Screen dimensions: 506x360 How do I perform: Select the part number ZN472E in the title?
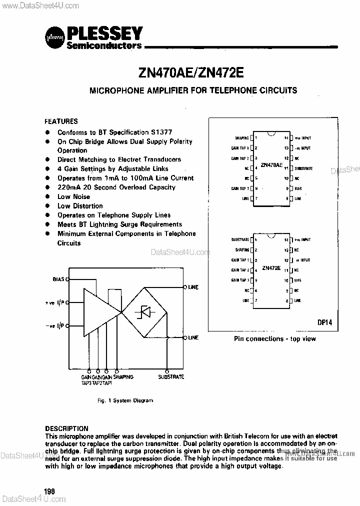(221, 71)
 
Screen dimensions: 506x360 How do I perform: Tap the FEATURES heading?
(61, 121)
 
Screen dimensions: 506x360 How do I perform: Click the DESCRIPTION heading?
(66, 428)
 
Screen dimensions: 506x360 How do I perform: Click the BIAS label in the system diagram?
(58, 279)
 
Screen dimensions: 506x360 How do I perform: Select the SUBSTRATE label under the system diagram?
(171, 376)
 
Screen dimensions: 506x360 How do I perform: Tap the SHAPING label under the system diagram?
(123, 376)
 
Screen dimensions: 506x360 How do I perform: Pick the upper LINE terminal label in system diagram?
(193, 287)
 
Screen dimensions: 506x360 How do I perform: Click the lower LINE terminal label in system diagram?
(193, 338)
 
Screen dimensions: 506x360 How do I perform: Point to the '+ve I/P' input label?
(54, 302)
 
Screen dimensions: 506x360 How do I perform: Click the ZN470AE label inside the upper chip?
(272, 164)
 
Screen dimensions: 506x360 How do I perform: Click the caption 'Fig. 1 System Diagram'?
(125, 400)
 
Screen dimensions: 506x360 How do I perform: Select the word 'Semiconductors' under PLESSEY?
(104, 45)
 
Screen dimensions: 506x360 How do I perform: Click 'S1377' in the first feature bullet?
(161, 132)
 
